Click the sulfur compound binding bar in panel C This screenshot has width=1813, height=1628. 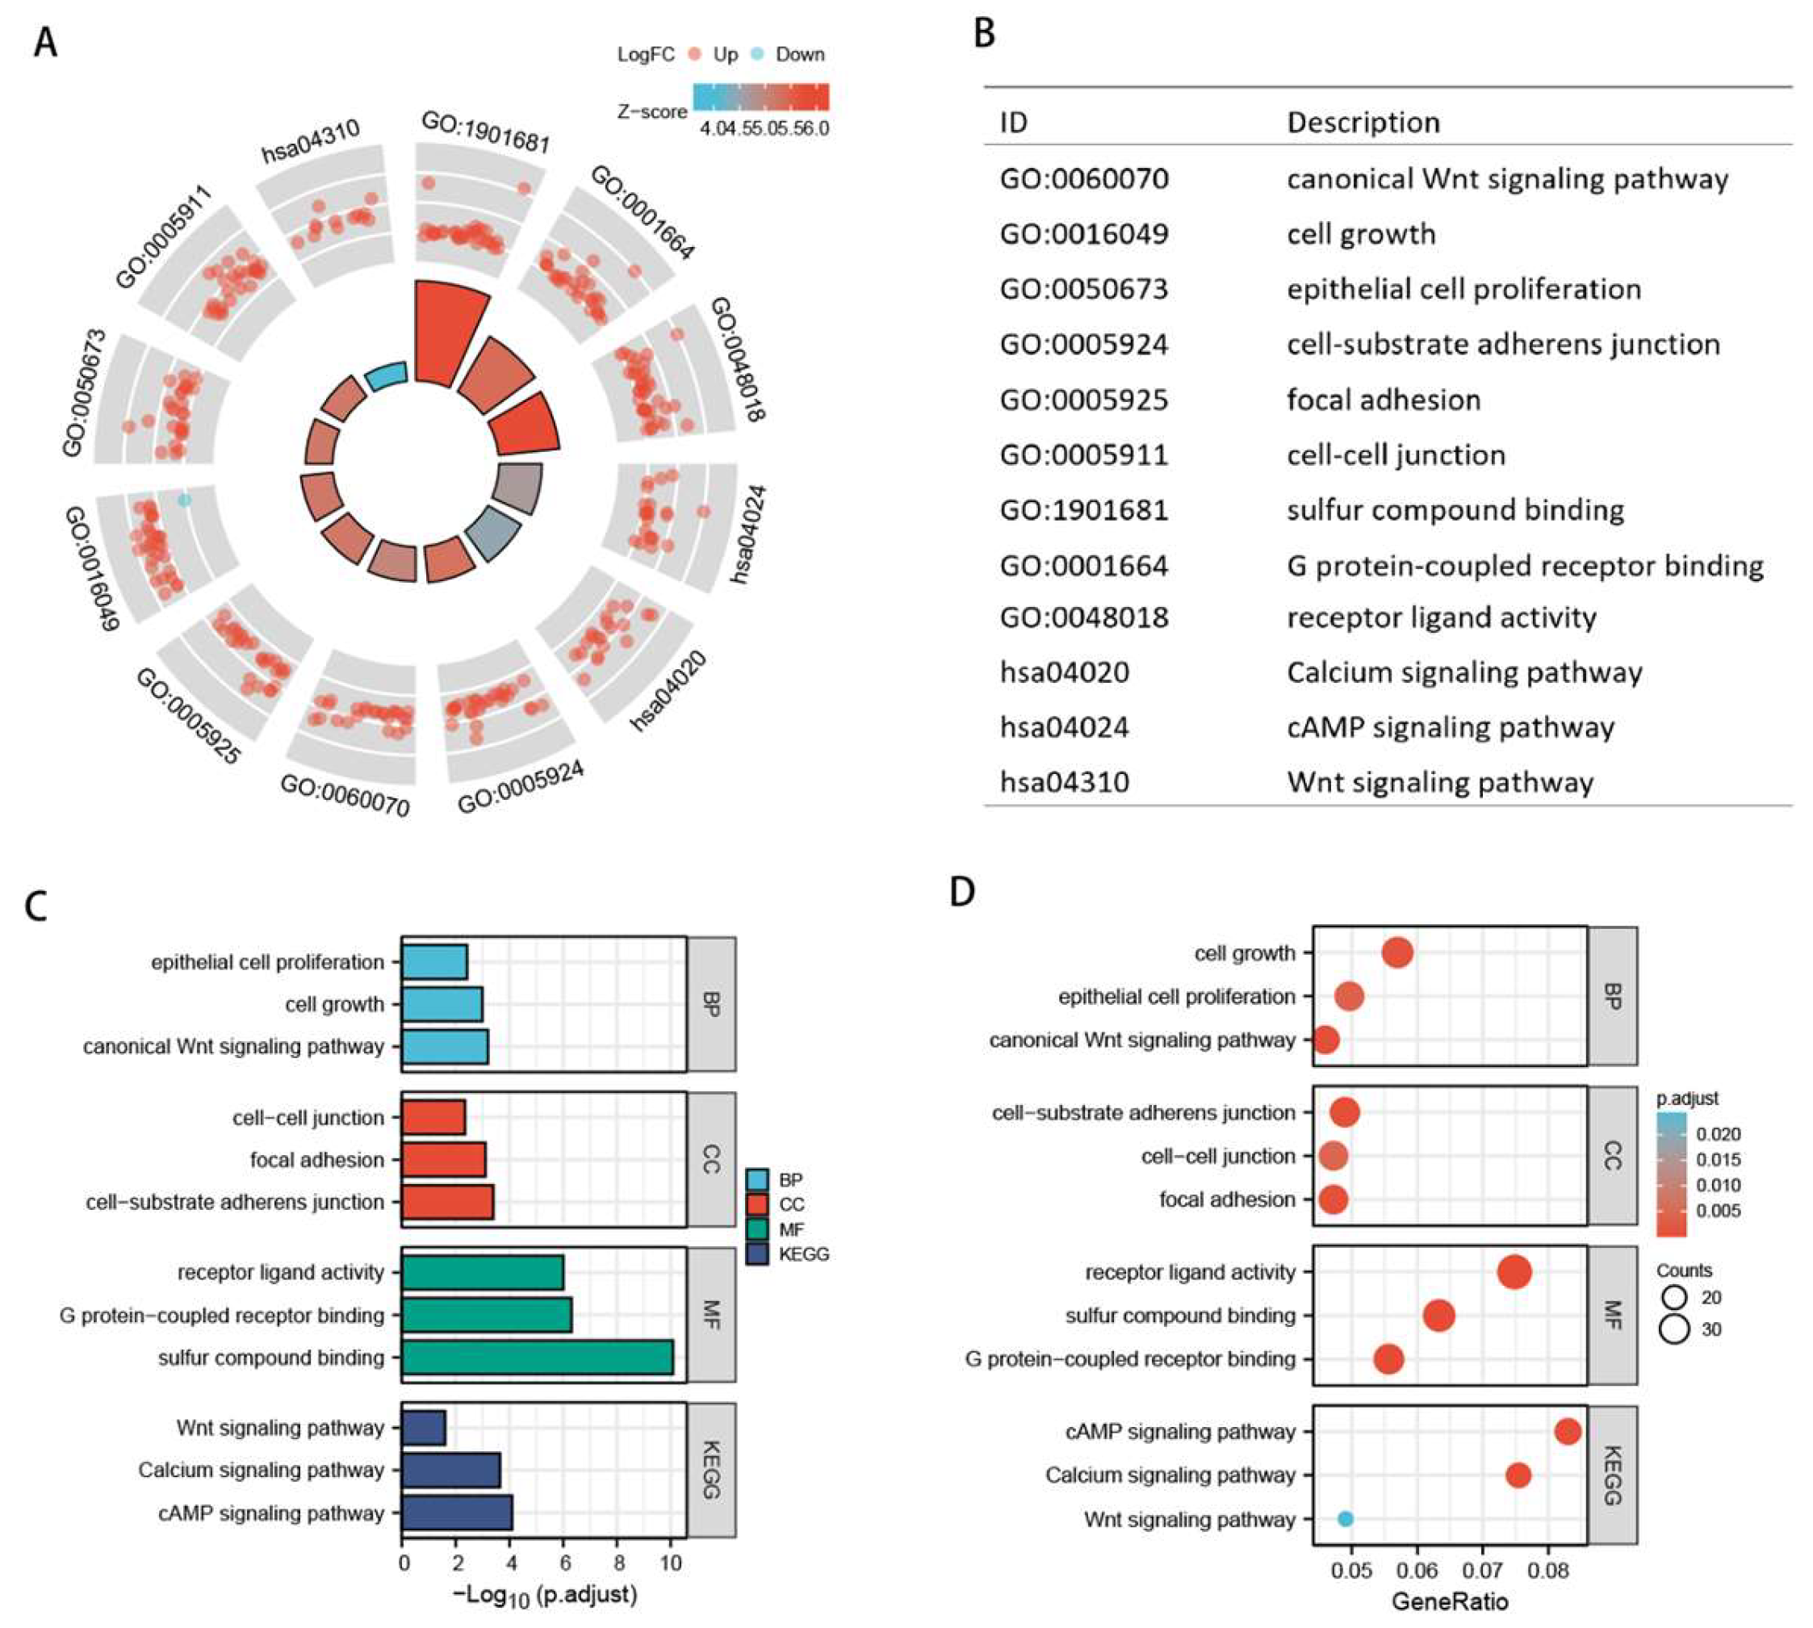(537, 1357)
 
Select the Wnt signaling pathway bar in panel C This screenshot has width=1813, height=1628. (423, 1428)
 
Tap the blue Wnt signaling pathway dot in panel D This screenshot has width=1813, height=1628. (1344, 1519)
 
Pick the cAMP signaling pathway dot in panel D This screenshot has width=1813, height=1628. (1567, 1431)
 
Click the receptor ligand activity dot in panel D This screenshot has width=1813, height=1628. (1514, 1272)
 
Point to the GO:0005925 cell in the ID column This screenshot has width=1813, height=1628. (1083, 400)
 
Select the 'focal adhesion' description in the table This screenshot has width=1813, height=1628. (1383, 400)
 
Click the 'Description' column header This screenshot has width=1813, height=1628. (1363, 123)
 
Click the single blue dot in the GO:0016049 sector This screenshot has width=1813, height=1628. (184, 500)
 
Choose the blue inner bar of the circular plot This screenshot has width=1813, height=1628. (387, 375)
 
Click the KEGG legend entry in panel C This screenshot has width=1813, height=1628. (802, 1254)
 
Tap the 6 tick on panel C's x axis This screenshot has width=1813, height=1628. (563, 1562)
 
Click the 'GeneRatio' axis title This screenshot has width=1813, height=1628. (1450, 1601)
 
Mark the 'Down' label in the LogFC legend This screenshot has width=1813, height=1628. (800, 55)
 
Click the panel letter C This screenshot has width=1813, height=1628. (36, 906)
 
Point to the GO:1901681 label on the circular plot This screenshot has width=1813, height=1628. (485, 132)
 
